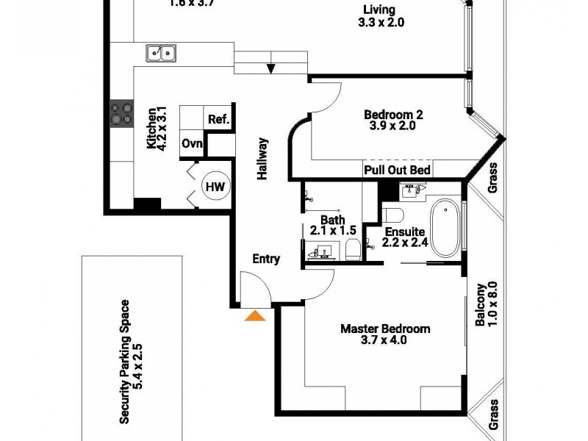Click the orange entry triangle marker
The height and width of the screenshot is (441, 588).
(255, 315)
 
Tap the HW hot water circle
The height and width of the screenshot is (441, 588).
(214, 187)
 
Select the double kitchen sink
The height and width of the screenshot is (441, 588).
(160, 52)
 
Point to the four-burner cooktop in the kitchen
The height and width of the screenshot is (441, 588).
(121, 114)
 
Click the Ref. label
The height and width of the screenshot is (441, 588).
(218, 120)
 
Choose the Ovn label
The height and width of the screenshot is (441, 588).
(192, 143)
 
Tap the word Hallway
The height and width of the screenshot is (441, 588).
(262, 159)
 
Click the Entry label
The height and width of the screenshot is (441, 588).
(265, 259)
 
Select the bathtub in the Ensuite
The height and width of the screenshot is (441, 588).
(445, 229)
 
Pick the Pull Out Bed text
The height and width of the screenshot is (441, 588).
(397, 171)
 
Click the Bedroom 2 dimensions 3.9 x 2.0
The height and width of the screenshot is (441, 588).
(393, 126)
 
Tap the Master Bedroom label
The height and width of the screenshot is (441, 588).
(384, 329)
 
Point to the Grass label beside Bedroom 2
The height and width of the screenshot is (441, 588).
(494, 176)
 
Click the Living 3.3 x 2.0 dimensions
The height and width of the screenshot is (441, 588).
(380, 23)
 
